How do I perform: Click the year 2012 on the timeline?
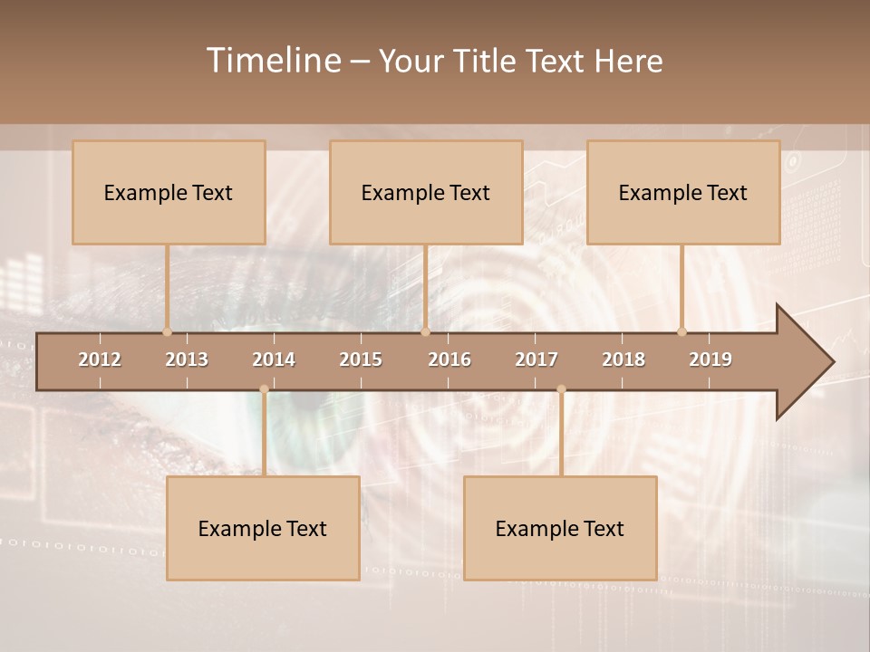point(100,360)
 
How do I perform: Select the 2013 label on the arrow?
point(187,360)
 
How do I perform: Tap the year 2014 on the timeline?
point(274,360)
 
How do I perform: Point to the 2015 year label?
point(361,360)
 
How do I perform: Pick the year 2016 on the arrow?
point(449,360)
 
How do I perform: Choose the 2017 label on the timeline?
point(536,360)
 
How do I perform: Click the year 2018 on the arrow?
point(623,360)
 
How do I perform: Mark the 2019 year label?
point(710,360)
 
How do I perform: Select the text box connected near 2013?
point(169,192)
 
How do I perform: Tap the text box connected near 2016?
point(426,192)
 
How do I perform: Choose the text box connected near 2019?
point(683,192)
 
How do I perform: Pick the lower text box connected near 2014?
point(263,528)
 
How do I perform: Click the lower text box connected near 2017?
point(560,528)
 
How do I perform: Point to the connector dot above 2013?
point(167,331)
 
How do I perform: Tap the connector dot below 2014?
point(264,389)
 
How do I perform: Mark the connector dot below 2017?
point(561,389)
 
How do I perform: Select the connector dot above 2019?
point(681,331)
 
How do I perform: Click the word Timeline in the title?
point(273,61)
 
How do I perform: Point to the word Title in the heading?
point(486,62)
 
